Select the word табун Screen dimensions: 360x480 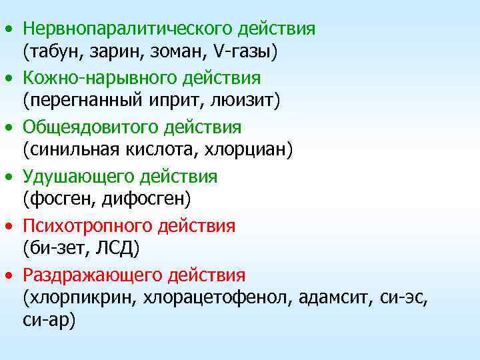click(56, 51)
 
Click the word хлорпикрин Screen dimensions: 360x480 click(79, 298)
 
